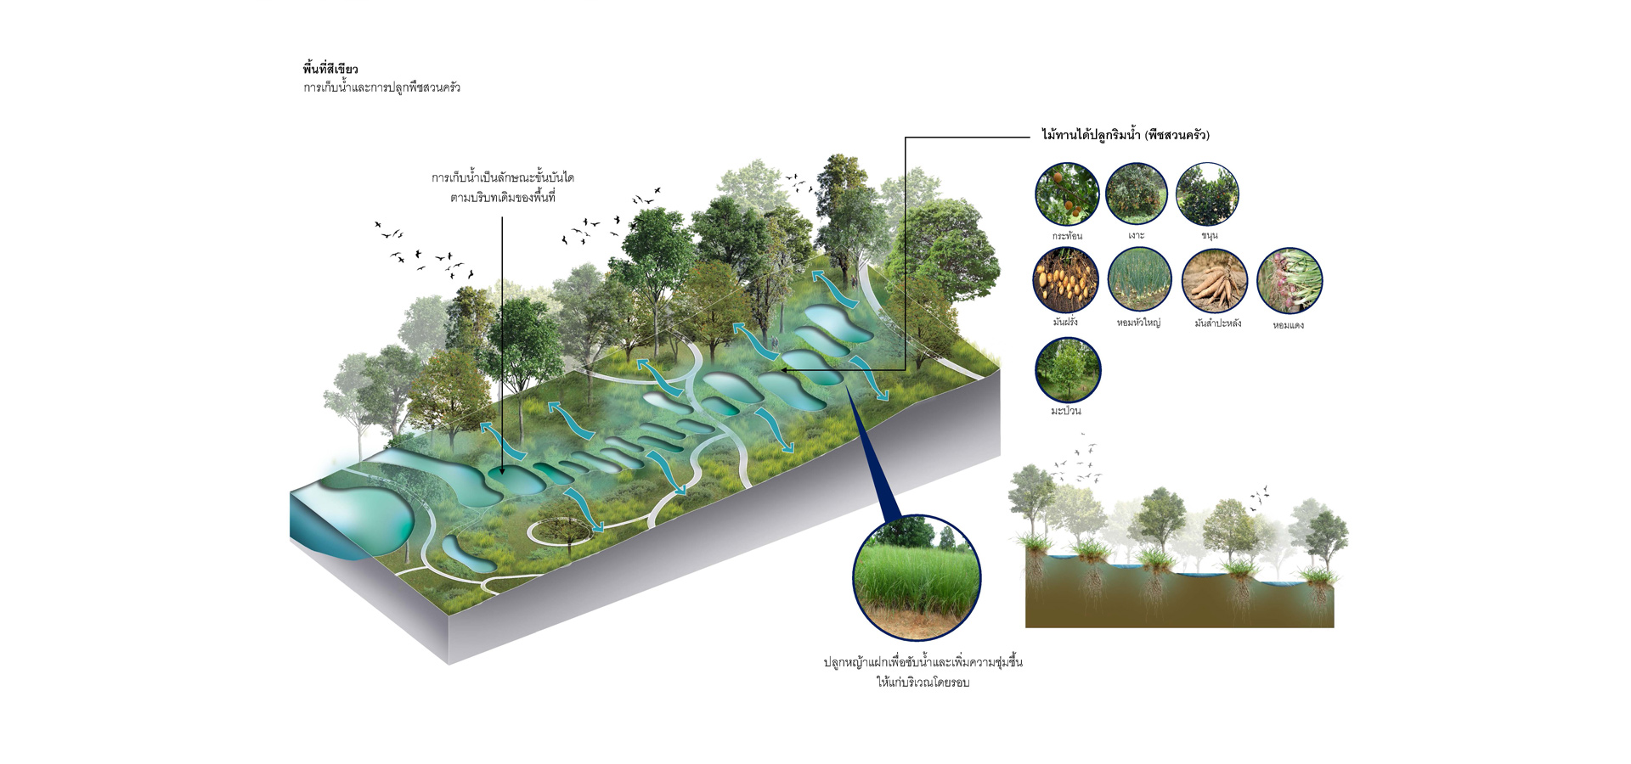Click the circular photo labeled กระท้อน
1067,195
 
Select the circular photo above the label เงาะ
1137,194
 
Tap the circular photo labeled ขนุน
1207,194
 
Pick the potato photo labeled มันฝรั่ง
1065,280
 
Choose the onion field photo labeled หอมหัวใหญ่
1139,279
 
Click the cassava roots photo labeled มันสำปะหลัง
1215,281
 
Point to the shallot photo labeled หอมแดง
1289,281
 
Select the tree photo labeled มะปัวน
1068,370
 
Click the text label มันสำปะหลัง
1217,323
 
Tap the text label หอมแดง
1288,325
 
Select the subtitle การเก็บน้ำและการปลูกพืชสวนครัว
381,87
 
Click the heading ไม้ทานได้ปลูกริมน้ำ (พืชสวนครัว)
1126,135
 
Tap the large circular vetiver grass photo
917,577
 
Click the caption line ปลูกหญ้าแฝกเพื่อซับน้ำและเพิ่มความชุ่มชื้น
923,662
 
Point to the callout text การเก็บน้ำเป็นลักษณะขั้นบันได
503,178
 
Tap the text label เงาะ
1137,236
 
